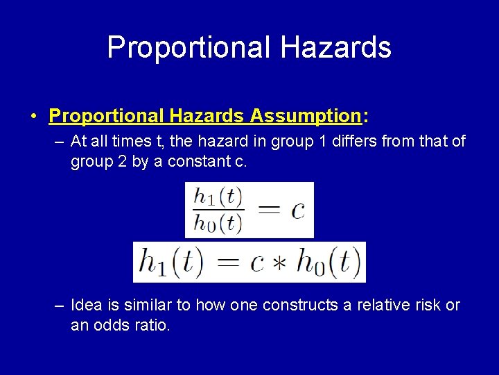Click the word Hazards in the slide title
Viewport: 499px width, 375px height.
(x=336, y=48)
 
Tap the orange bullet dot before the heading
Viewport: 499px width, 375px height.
(x=33, y=115)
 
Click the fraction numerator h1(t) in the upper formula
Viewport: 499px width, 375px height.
(x=218, y=197)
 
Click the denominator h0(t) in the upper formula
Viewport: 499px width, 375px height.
(x=218, y=223)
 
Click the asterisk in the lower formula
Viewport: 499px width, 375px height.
(x=278, y=263)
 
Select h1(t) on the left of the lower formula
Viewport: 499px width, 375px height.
(x=171, y=262)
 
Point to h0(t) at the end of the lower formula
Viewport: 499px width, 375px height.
(x=327, y=262)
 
